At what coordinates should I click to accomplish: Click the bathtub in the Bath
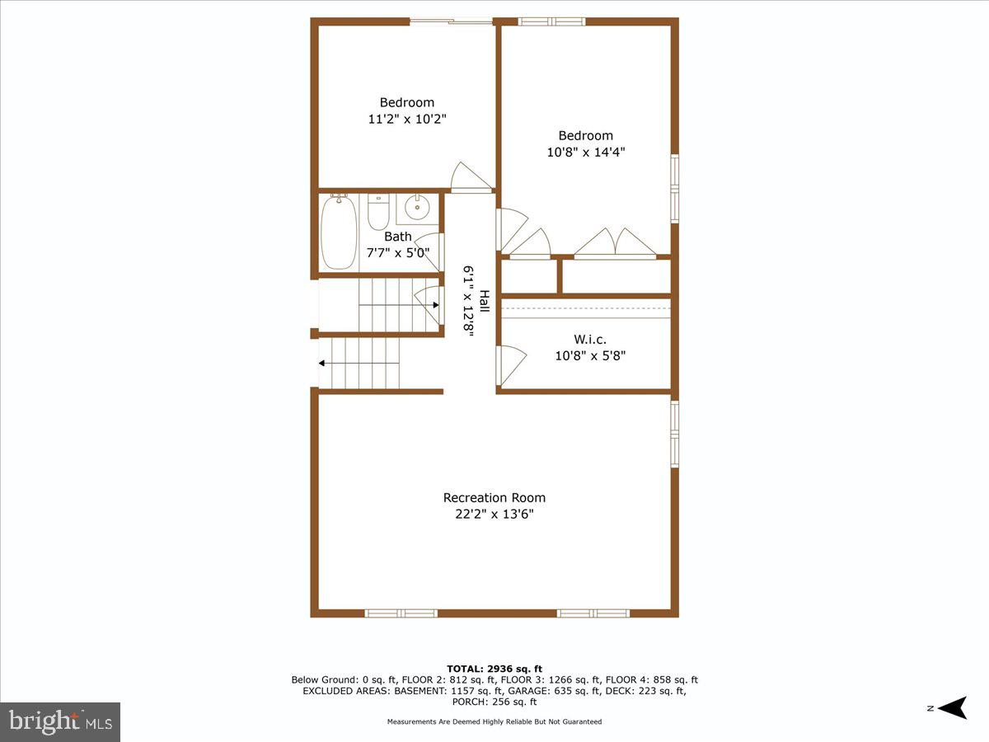(339, 232)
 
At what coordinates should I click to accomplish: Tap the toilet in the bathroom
(378, 213)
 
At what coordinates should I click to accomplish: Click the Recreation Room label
(494, 497)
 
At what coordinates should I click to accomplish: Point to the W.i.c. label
(590, 339)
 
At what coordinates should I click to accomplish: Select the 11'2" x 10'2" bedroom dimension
(407, 119)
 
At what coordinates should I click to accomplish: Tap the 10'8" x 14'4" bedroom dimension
(586, 152)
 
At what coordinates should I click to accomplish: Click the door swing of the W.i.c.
(510, 364)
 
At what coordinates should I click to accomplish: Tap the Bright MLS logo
(60, 721)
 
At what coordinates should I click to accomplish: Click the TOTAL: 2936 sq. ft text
(494, 668)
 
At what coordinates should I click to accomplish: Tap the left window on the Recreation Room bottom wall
(401, 613)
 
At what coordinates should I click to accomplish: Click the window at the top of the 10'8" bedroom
(551, 21)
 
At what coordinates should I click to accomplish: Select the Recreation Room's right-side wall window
(674, 433)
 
